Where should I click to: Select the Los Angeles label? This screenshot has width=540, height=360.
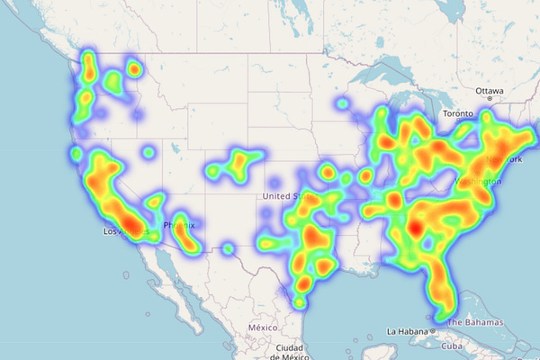click(x=122, y=231)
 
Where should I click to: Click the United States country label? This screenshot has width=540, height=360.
click(x=285, y=196)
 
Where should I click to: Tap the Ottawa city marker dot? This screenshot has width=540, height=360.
click(x=490, y=99)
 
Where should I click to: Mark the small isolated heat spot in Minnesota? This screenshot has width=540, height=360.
click(x=342, y=104)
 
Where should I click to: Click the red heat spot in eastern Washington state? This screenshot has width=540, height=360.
click(x=134, y=67)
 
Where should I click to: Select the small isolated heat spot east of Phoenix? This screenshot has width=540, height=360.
click(x=229, y=247)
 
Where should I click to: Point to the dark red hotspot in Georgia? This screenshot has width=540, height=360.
click(x=413, y=229)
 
